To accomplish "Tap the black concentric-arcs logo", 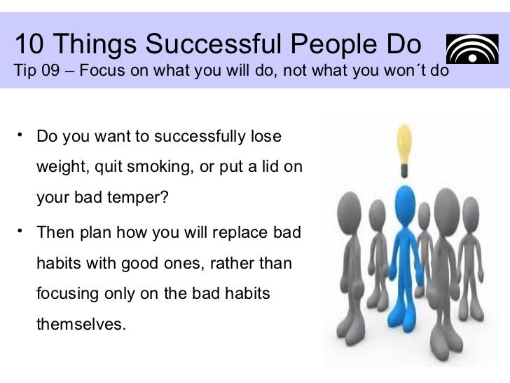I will tap(467, 51).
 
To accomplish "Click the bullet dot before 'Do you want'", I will tap(22, 131).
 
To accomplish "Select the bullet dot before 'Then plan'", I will tap(22, 228).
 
